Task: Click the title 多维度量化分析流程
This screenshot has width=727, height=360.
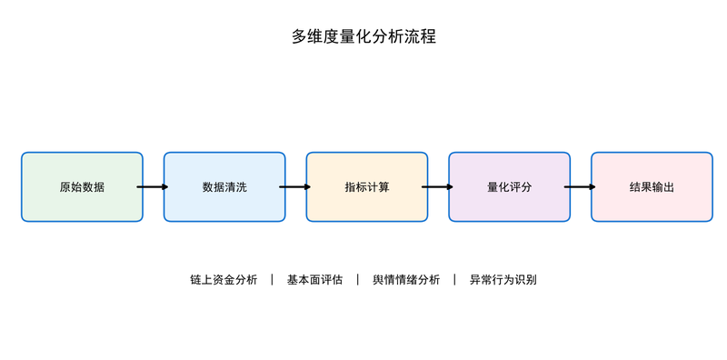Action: (x=363, y=36)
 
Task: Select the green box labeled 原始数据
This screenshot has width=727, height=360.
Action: (x=82, y=187)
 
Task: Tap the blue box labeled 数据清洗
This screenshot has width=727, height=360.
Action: (x=224, y=187)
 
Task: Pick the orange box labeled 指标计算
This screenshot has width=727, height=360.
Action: (x=367, y=187)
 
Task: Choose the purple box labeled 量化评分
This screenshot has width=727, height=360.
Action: (x=509, y=187)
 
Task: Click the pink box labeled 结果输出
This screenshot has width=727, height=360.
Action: (x=652, y=187)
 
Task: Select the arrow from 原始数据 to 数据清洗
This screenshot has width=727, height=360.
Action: (x=153, y=187)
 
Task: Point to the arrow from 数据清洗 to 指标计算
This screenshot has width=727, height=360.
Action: (x=294, y=187)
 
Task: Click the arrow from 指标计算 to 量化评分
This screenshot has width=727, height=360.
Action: (x=437, y=187)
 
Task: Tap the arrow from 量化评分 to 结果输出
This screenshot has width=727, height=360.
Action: (x=580, y=187)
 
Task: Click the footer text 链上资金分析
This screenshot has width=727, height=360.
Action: (x=224, y=280)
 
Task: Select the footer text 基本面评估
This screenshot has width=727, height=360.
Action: (x=314, y=280)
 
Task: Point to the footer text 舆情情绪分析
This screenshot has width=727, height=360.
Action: (x=406, y=280)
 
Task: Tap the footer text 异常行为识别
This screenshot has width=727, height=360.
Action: (x=503, y=280)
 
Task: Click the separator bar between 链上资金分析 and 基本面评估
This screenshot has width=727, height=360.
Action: (x=272, y=280)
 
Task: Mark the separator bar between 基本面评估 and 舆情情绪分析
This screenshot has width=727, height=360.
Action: (x=358, y=280)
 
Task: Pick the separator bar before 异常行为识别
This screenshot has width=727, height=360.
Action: (x=455, y=280)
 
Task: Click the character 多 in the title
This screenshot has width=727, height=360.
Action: (x=300, y=36)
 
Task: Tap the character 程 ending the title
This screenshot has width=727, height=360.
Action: (x=428, y=36)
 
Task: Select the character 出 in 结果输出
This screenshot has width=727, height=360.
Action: (x=669, y=187)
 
